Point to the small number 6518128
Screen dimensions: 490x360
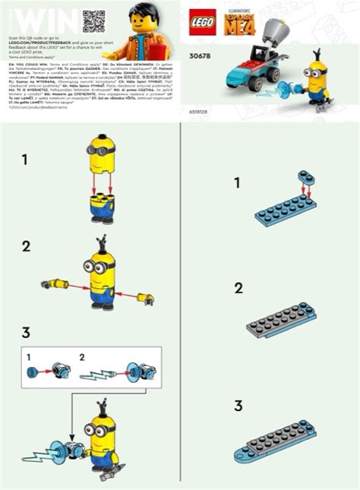[x=197, y=112]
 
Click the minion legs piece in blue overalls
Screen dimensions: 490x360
[x=102, y=209]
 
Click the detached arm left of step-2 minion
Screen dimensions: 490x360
[x=55, y=284]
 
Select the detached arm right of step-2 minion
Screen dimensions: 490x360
[x=144, y=299]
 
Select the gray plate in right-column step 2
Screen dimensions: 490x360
[x=281, y=321]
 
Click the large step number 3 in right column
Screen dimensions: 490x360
[x=238, y=406]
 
